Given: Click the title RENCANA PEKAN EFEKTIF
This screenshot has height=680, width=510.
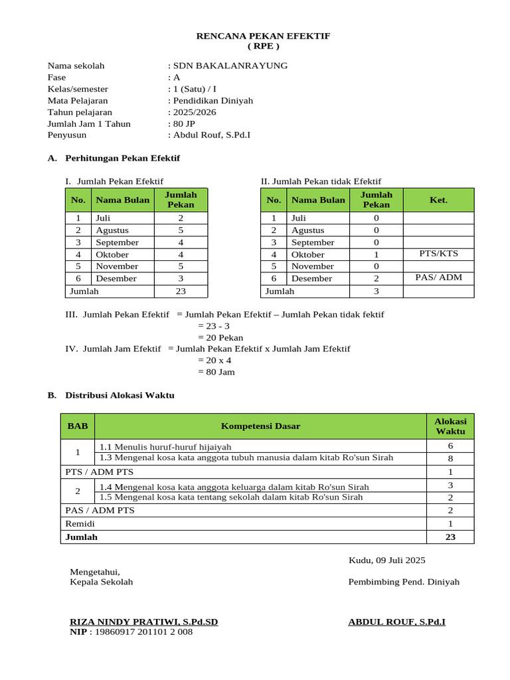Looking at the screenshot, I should tap(263, 35).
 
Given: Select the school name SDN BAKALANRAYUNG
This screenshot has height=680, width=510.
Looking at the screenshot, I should tap(230, 66).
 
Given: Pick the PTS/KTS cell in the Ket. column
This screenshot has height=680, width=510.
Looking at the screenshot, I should tap(438, 254).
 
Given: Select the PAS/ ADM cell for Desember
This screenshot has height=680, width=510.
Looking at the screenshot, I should tap(438, 278).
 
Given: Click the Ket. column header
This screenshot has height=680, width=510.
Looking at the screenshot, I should tap(438, 200).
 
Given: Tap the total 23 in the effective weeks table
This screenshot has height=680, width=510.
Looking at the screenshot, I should tap(181, 291).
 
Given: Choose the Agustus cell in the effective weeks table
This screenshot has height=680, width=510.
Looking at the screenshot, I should tap(112, 230).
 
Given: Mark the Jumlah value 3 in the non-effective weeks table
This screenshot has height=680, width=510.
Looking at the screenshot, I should tap(376, 291).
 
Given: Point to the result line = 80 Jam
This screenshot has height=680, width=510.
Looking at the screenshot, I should tap(216, 372).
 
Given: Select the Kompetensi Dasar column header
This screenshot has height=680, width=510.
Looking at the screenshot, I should tap(260, 426).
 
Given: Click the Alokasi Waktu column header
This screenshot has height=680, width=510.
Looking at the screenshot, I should tap(450, 426).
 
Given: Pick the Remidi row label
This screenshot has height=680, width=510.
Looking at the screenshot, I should tap(80, 524).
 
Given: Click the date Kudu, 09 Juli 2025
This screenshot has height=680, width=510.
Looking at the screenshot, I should tap(387, 560).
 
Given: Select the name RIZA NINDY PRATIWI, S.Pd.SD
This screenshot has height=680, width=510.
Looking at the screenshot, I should tap(144, 622).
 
